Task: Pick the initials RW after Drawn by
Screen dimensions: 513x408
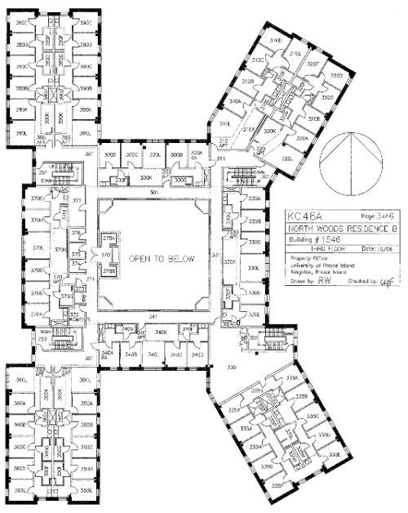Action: pos(325,279)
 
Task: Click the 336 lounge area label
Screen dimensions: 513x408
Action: pos(232,368)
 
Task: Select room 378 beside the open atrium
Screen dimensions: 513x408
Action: pos(106,255)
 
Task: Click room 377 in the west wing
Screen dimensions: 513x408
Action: pos(76,201)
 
